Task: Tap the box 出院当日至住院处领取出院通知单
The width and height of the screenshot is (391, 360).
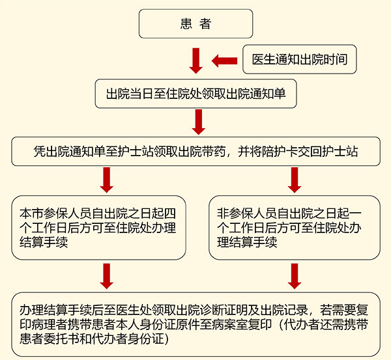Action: [196, 94]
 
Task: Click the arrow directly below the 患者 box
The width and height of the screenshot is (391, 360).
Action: [196, 61]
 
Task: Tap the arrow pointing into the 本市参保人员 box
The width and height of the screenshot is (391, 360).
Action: [107, 179]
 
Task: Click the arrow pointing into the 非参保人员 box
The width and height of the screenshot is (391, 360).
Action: [294, 179]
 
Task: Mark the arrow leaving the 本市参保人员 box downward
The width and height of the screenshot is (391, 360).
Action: [107, 275]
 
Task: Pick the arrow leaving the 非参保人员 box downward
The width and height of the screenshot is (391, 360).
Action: [294, 275]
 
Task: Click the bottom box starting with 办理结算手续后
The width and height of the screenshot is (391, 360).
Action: [196, 324]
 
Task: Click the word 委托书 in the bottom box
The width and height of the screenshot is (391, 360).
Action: [74, 339]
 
